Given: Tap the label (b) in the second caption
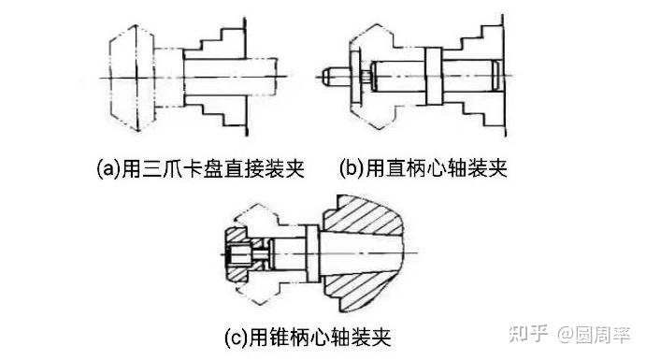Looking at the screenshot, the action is pyautogui.click(x=352, y=168).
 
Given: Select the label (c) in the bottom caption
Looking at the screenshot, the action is pyautogui.click(x=237, y=338).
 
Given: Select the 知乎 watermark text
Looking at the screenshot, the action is pyautogui.click(x=528, y=334).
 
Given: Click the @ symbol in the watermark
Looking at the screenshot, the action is pyautogui.click(x=566, y=335).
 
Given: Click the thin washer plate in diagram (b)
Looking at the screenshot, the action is pyautogui.click(x=354, y=77).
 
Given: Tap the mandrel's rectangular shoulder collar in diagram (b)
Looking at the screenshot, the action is pyautogui.click(x=433, y=76).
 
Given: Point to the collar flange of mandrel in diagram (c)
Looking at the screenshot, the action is pyautogui.click(x=312, y=253).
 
